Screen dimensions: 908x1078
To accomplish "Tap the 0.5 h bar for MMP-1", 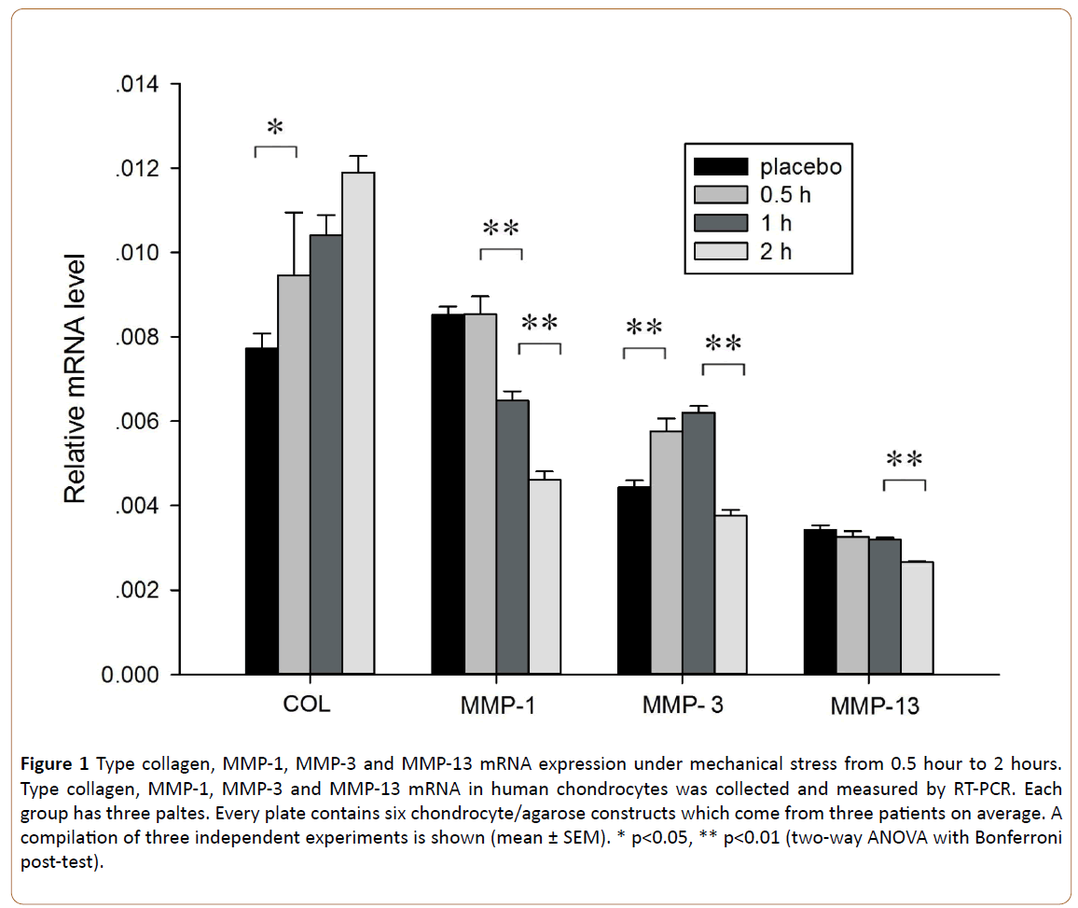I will click(480, 494).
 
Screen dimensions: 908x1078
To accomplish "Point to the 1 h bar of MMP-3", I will click(698, 542).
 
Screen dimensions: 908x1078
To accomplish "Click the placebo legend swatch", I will click(721, 167).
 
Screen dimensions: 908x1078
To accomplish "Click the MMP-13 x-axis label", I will click(874, 706).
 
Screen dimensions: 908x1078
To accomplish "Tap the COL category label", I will click(307, 704).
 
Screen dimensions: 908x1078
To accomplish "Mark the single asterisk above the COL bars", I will click(274, 127).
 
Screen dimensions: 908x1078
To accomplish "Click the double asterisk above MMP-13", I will click(904, 459).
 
